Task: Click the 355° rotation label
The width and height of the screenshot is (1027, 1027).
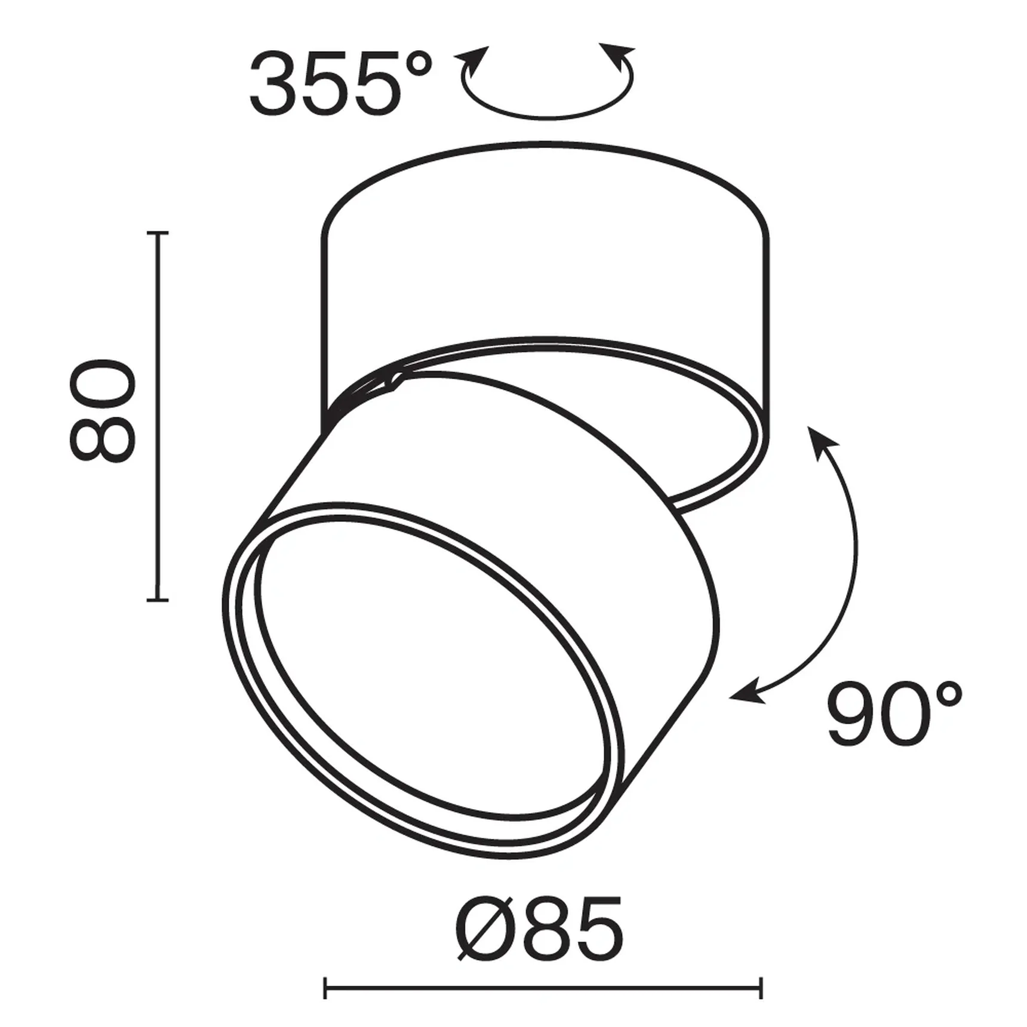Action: point(339,84)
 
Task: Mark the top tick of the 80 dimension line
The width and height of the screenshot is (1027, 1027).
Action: point(158,232)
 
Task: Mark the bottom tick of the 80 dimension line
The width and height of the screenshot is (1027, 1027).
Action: point(158,599)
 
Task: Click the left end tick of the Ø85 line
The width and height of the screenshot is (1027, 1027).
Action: point(325,988)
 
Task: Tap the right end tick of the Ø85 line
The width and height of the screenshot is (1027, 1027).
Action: point(761,988)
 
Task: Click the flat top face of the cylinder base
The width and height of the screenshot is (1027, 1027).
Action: point(545,239)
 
